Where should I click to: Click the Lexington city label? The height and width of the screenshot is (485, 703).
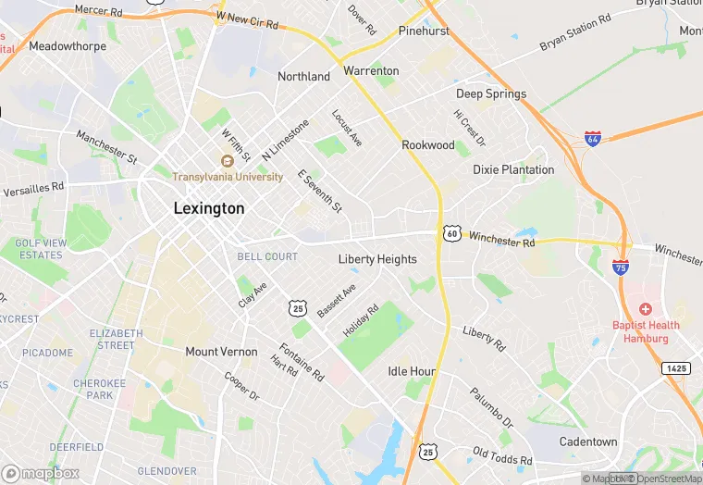[209, 209]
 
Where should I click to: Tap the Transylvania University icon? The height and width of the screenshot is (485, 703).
[227, 161]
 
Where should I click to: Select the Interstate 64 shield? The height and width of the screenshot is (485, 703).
[593, 140]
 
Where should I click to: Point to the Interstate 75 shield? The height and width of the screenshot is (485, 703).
[621, 267]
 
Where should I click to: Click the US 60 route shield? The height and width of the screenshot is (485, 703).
[450, 234]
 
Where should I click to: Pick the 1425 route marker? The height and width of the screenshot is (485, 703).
[675, 368]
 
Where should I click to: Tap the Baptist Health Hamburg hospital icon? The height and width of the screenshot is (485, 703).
[645, 308]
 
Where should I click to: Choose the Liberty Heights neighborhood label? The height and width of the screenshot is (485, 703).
[377, 259]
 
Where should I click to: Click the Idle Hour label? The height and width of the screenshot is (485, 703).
[411, 371]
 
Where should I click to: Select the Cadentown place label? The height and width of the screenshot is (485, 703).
[588, 441]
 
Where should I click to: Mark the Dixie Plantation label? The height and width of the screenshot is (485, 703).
[513, 170]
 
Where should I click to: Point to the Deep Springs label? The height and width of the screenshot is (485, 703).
[491, 94]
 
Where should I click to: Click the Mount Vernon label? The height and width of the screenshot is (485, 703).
[221, 352]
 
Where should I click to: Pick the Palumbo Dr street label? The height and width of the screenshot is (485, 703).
[490, 407]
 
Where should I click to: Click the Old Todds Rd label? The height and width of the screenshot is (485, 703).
[502, 455]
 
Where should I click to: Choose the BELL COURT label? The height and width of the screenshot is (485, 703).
[267, 256]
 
